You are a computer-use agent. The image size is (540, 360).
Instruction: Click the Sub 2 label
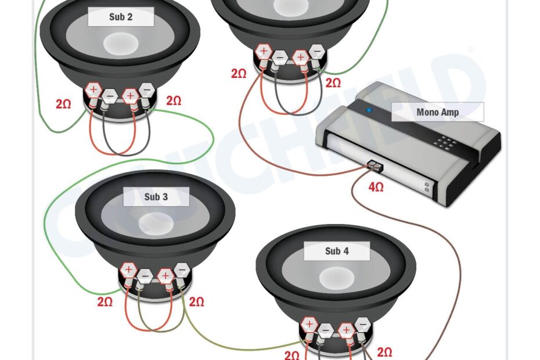click(x=121, y=17)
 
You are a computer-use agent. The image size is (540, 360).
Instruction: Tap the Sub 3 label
click(x=156, y=197)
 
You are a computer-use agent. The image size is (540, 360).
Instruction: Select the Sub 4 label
click(x=337, y=251)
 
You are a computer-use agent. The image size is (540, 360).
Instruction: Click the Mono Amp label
click(x=437, y=112)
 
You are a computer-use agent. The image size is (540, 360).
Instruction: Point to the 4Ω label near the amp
click(x=376, y=187)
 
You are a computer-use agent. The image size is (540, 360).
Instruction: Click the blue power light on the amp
click(x=368, y=109)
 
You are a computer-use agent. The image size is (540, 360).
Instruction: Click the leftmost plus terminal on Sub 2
click(x=93, y=90)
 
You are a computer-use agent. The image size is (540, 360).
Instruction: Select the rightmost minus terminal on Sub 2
click(x=147, y=90)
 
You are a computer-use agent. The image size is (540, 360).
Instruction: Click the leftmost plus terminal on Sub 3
click(x=128, y=269)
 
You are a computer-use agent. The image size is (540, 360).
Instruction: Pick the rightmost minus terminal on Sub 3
click(x=182, y=269)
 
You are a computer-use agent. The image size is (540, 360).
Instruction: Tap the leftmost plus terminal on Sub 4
click(x=309, y=324)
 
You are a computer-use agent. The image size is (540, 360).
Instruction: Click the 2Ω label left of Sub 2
click(x=63, y=105)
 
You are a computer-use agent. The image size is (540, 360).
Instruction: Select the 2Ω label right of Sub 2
click(x=174, y=101)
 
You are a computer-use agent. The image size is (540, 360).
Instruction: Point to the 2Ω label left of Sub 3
click(x=105, y=302)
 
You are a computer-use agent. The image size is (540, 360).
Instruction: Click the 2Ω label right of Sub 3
click(x=197, y=302)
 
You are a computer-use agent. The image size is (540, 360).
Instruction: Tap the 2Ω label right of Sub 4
click(x=384, y=352)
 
